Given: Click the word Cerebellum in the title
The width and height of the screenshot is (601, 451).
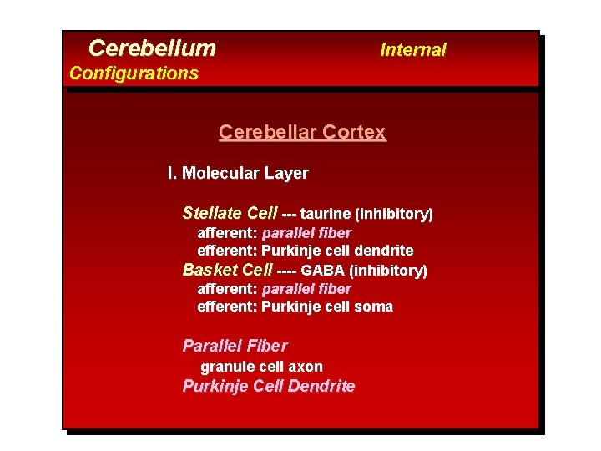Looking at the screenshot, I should pyautogui.click(x=152, y=48).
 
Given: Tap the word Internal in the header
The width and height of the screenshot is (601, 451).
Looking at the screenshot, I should pyautogui.click(x=412, y=50).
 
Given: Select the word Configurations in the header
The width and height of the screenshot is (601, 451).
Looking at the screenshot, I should pyautogui.click(x=134, y=73).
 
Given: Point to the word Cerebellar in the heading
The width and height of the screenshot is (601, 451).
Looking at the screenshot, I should pyautogui.click(x=269, y=133).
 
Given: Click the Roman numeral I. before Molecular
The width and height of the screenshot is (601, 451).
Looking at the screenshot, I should pyautogui.click(x=172, y=174).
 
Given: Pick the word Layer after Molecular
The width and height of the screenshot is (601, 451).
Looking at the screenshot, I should pyautogui.click(x=288, y=174).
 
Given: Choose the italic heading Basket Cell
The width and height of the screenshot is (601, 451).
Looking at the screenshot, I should pyautogui.click(x=227, y=271).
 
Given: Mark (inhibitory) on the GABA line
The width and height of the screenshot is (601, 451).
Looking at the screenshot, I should pyautogui.click(x=388, y=271).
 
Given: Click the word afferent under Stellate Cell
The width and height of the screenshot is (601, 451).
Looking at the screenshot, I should pyautogui.click(x=227, y=233).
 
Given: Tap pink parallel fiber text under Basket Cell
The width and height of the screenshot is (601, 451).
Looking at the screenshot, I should pyautogui.click(x=306, y=289).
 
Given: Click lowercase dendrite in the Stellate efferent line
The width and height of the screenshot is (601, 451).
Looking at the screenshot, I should pyautogui.click(x=383, y=251).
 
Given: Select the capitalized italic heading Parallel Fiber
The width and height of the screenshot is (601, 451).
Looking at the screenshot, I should pyautogui.click(x=235, y=346).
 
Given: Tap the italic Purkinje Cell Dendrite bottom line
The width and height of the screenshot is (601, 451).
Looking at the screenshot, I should pyautogui.click(x=268, y=386).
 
